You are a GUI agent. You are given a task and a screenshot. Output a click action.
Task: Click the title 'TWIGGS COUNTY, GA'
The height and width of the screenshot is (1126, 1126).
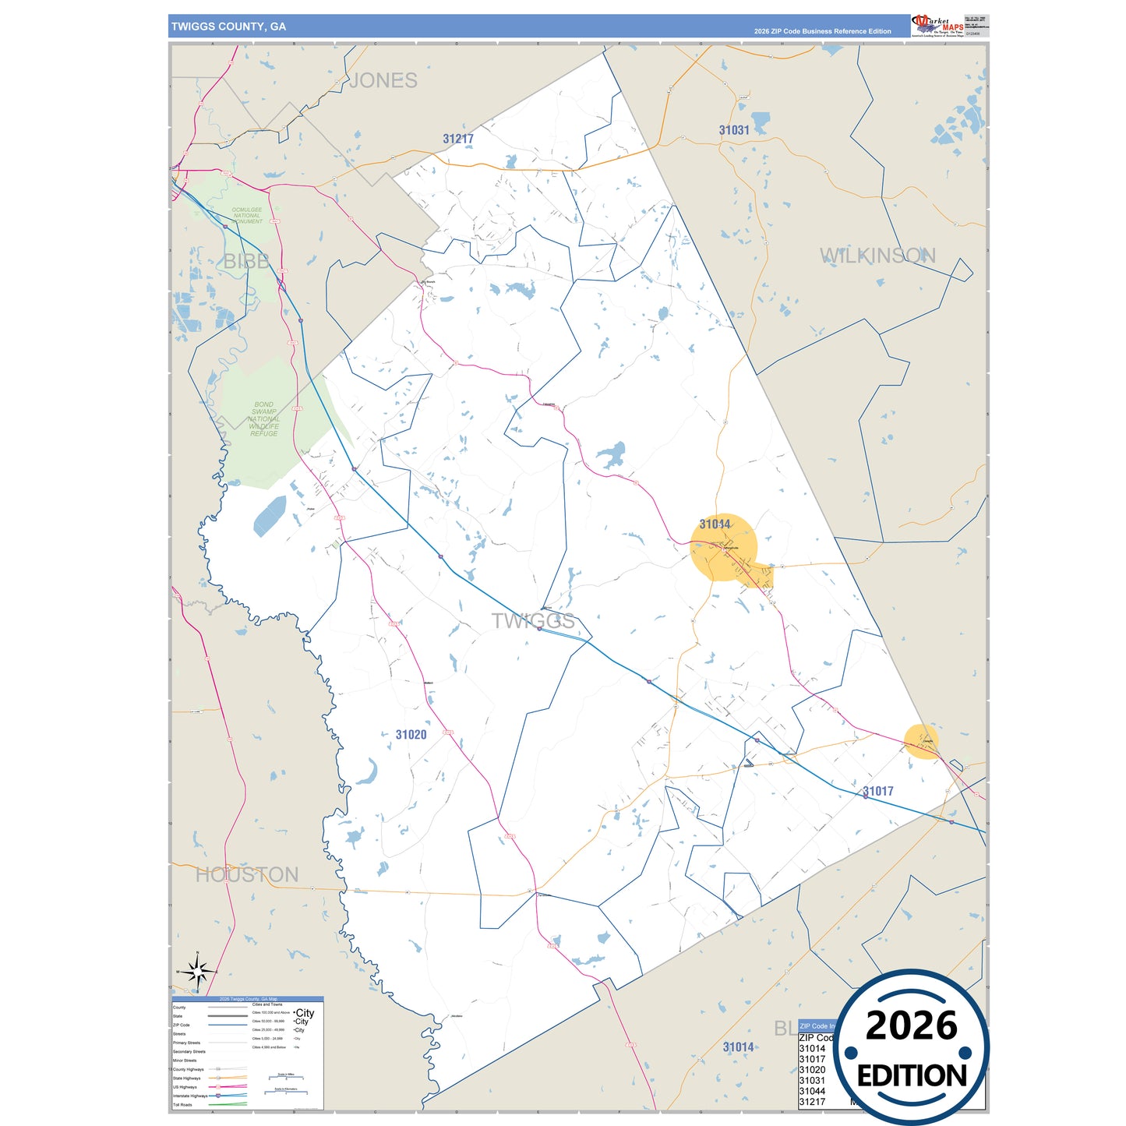(x=228, y=26)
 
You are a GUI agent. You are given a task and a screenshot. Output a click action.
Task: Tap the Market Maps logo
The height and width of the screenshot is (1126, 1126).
(x=937, y=25)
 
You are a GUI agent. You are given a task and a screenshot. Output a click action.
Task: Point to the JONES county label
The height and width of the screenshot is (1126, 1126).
(x=383, y=80)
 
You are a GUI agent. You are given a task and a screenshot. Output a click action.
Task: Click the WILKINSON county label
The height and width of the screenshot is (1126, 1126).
(x=877, y=256)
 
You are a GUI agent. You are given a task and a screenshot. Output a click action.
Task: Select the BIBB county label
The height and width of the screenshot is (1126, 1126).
(x=246, y=262)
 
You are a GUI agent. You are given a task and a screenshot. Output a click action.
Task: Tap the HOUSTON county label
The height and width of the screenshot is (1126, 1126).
(x=247, y=875)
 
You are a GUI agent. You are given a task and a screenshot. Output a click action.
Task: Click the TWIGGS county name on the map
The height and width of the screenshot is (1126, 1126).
(x=533, y=621)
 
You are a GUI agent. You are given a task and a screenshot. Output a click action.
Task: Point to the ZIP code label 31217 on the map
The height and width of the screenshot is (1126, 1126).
(x=458, y=139)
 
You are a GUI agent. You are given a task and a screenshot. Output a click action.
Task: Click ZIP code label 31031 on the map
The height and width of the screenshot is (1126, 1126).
(x=734, y=130)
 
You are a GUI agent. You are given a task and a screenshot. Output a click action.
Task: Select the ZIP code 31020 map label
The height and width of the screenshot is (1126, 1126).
(x=411, y=735)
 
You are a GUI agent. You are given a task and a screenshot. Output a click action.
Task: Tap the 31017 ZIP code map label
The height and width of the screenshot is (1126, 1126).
(x=878, y=791)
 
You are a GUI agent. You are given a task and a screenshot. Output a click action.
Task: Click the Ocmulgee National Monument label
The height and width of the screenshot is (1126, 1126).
(x=247, y=216)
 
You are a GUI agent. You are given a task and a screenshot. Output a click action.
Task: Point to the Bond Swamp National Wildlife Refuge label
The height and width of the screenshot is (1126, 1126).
(x=264, y=419)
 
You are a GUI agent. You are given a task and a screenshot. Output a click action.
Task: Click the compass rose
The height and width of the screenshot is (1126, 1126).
(x=198, y=972)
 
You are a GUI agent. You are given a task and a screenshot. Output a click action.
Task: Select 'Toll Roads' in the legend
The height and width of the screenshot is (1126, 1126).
(x=182, y=1105)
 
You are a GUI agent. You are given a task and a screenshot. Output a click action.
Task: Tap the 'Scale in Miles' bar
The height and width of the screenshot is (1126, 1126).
(x=286, y=1078)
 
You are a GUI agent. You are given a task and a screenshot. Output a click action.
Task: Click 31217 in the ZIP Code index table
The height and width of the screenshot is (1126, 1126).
(x=811, y=1102)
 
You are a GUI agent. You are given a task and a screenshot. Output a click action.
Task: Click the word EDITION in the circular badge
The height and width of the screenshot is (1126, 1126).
(x=912, y=1076)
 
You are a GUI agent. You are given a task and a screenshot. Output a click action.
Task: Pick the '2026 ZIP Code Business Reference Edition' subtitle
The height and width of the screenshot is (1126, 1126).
(x=822, y=31)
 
